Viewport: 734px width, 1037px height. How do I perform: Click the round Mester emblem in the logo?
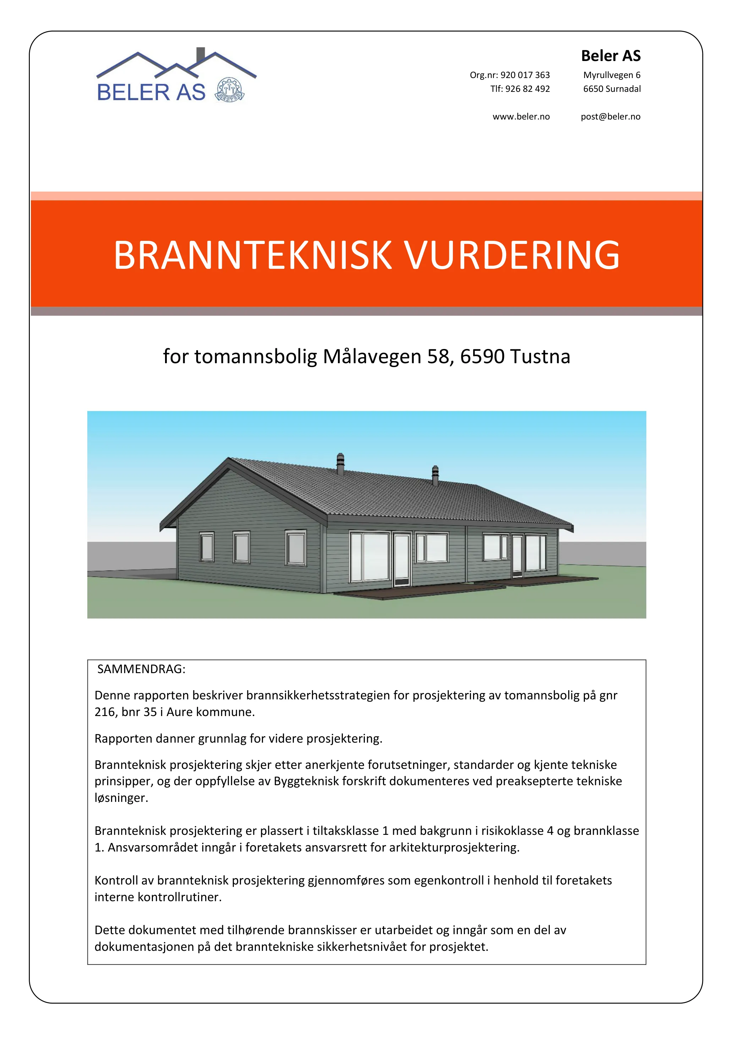coord(230,89)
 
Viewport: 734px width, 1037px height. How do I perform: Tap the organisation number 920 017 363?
coord(525,75)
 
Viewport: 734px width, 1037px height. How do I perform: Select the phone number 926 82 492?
coord(527,89)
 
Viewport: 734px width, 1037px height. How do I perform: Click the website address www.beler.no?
coord(521,117)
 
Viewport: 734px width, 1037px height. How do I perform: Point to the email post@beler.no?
coord(610,117)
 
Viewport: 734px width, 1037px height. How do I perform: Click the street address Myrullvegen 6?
coord(612,75)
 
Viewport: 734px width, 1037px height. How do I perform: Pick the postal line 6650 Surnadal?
coord(612,89)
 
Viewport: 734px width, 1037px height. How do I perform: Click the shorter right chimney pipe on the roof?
coord(435,475)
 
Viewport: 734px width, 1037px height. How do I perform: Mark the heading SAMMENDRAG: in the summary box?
coord(141,669)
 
